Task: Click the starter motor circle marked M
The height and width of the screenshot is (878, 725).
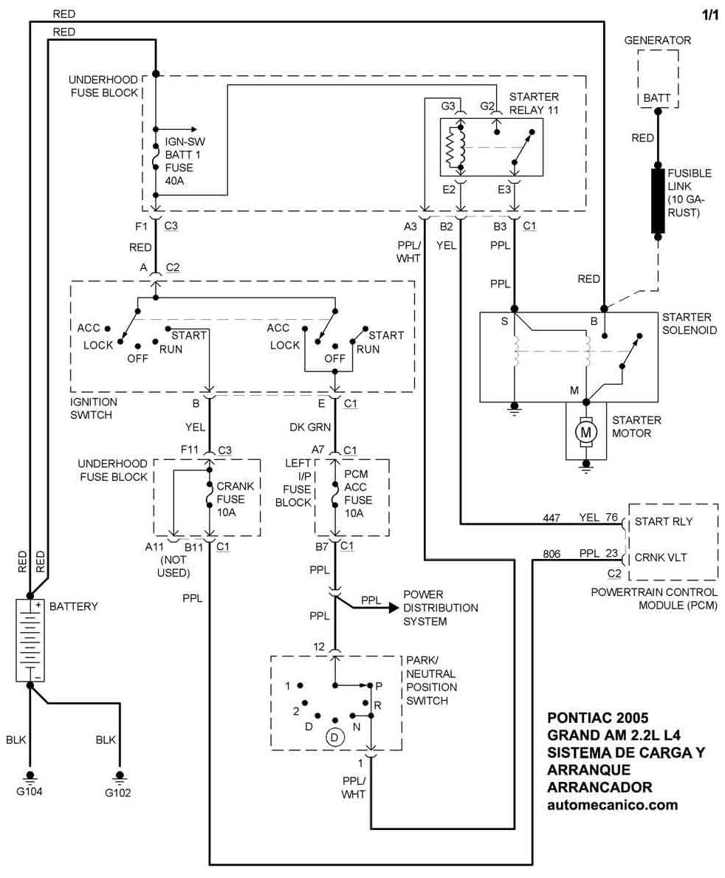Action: [x=585, y=431]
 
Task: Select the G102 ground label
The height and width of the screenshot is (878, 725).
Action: [x=119, y=794]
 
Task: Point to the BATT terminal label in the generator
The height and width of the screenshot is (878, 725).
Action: [x=656, y=97]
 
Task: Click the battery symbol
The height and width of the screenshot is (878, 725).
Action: [x=30, y=639]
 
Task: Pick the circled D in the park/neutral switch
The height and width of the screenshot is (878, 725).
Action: [x=334, y=736]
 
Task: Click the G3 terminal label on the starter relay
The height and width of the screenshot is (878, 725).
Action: [x=448, y=106]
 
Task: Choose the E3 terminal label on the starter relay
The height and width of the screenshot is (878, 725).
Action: [x=504, y=189]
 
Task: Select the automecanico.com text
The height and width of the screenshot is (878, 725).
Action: [x=612, y=806]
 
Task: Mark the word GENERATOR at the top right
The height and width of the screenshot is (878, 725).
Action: [x=657, y=41]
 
